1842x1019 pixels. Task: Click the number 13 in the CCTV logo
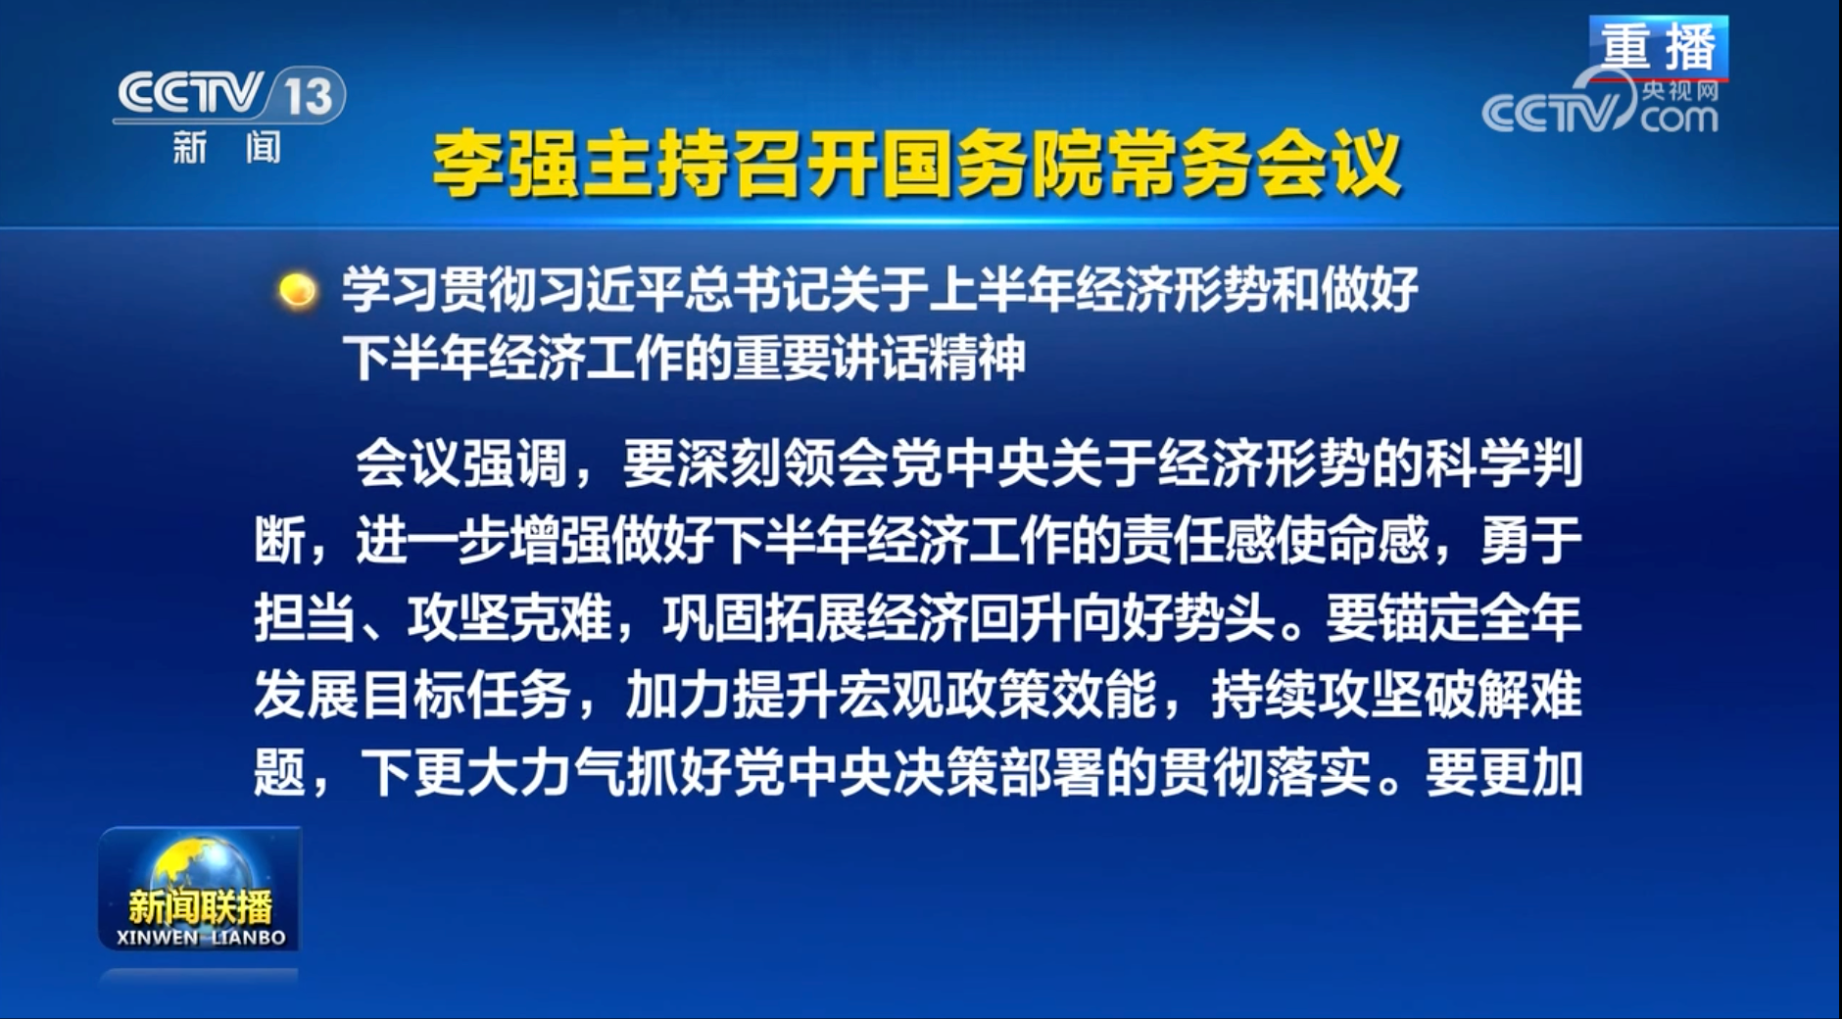[x=310, y=96]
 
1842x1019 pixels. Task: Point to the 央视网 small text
[x=1680, y=91]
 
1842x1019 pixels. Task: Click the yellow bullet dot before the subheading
[x=297, y=291]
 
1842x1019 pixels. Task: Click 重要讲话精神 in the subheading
[x=880, y=358]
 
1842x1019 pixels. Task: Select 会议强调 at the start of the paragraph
[x=461, y=462]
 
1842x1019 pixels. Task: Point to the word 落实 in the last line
[x=1318, y=773]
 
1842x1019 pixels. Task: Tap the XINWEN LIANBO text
[x=201, y=938]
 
